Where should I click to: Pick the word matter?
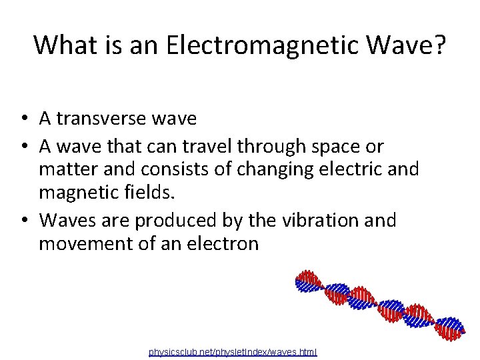[67, 169]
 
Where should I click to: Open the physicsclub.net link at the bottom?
[233, 351]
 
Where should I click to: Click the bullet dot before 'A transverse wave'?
[23, 119]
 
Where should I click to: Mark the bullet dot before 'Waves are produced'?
[23, 220]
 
